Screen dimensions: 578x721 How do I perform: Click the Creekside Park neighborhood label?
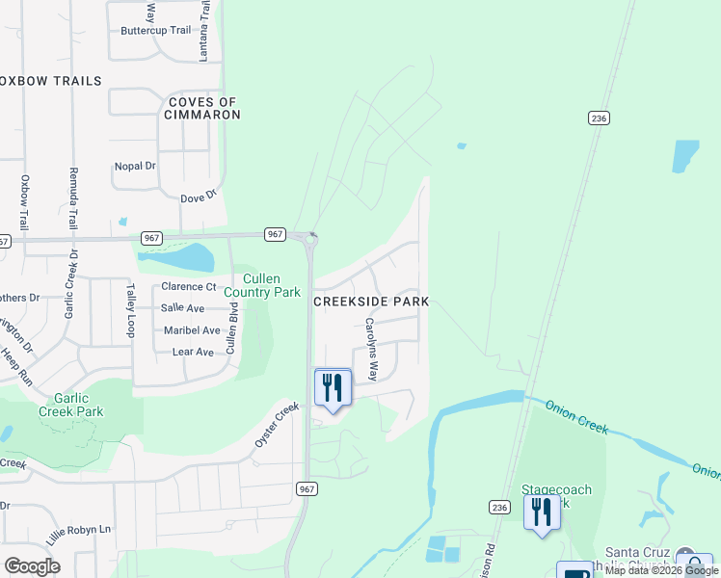click(371, 302)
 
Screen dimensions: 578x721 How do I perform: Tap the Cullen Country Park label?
click(262, 285)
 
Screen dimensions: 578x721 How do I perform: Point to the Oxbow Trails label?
click(51, 81)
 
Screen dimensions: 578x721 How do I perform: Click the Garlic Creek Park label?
click(70, 404)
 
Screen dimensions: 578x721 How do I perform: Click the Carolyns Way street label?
click(373, 348)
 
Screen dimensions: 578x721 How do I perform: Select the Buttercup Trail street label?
click(156, 31)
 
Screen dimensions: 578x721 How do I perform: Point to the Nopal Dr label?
click(135, 166)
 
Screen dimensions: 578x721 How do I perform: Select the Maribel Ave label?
click(192, 330)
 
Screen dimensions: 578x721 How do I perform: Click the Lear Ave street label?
click(193, 353)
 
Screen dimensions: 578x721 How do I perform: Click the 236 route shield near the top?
click(599, 118)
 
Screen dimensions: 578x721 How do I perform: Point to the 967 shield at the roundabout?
click(275, 234)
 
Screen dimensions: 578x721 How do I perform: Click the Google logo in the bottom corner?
click(32, 566)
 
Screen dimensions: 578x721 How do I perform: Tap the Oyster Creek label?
click(278, 424)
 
